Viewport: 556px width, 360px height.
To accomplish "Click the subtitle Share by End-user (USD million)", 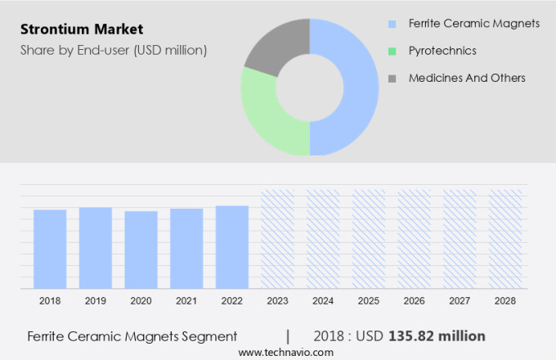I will (114, 51).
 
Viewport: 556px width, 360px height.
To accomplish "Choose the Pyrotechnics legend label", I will (442, 51).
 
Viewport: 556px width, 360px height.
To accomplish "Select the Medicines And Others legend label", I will (467, 78).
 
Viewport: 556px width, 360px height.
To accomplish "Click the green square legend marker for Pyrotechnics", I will (392, 51).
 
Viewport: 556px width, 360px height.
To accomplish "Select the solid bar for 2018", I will (50, 249).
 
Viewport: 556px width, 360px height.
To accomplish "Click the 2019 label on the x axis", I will (95, 301).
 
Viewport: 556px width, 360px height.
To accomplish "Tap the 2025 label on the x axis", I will (368, 301).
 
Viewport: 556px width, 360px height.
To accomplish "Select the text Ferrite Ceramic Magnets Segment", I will (132, 336).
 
